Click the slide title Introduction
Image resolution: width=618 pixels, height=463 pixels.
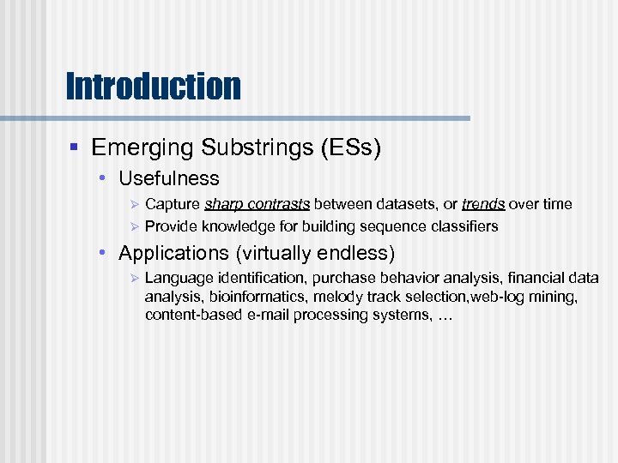(153, 86)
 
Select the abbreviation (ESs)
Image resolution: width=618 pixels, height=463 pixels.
(351, 148)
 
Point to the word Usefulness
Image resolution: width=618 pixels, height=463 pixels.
(169, 179)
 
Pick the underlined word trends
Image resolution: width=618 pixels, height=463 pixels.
(483, 204)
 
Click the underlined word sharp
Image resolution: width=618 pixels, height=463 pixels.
(223, 204)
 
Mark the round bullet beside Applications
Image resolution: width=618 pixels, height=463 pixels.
(101, 254)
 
